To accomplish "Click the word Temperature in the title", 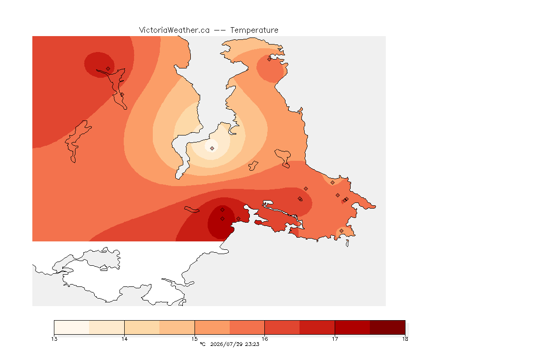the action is (x=254, y=30).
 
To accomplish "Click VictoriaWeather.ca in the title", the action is (x=174, y=30).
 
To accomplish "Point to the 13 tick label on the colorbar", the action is (x=54, y=339).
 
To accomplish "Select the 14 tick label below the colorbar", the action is (x=124, y=339).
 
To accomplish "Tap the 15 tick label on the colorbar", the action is (x=195, y=339).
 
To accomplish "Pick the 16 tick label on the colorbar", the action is (x=264, y=339).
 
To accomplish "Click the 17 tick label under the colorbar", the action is (x=335, y=339).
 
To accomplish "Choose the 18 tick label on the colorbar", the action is (x=405, y=339).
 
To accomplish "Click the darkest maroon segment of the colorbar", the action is (x=388, y=327).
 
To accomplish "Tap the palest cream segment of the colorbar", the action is (x=72, y=327).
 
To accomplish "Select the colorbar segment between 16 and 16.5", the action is (x=282, y=327).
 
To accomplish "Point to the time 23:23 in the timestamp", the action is (x=252, y=344).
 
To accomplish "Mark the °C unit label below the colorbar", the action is (x=202, y=344).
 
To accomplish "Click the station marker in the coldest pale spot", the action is (x=212, y=148).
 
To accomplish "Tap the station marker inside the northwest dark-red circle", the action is (x=108, y=69).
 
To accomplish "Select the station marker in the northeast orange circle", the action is (x=270, y=59).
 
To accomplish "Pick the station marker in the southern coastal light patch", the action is (x=341, y=231).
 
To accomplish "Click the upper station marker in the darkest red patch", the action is (x=223, y=210).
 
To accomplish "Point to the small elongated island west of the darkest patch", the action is (x=192, y=210).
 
